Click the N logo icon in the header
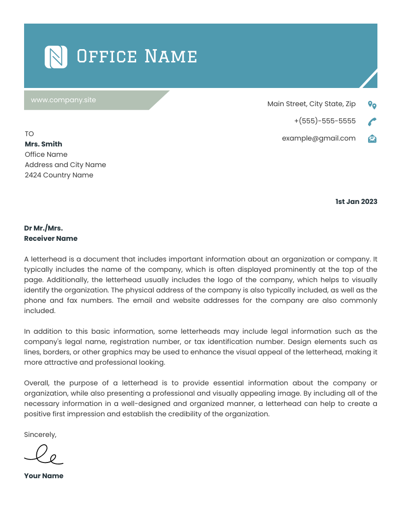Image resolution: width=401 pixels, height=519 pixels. pos(56,57)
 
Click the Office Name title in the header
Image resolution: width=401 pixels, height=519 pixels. pos(137,57)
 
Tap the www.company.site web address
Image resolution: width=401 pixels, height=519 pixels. pos(63,100)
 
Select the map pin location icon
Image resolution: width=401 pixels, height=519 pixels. pos(372,105)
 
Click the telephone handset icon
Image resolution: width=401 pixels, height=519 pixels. pos(372,121)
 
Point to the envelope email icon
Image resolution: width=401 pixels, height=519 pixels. pos(372,139)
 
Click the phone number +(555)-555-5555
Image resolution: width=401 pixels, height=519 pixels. pos(324,121)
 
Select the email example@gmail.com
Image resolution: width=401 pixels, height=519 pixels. pos(318,138)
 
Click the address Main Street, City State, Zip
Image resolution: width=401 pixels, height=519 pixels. pos(311,104)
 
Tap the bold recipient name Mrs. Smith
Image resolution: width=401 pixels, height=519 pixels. pos(43,144)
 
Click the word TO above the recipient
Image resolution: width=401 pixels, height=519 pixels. pos(29,134)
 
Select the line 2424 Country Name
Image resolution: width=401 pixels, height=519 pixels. pos(58,175)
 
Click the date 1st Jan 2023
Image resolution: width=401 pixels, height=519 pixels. pos(356,202)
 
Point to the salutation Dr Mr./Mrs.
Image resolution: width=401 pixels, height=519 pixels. pos(43,228)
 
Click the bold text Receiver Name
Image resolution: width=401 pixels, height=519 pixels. pos(51,238)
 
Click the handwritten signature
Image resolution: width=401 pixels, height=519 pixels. pos(44,455)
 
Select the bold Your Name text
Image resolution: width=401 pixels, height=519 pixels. pos(44,476)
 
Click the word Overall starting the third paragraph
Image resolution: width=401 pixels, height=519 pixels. pos(37,383)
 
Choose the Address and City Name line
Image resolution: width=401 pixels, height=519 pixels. pos(65,165)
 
